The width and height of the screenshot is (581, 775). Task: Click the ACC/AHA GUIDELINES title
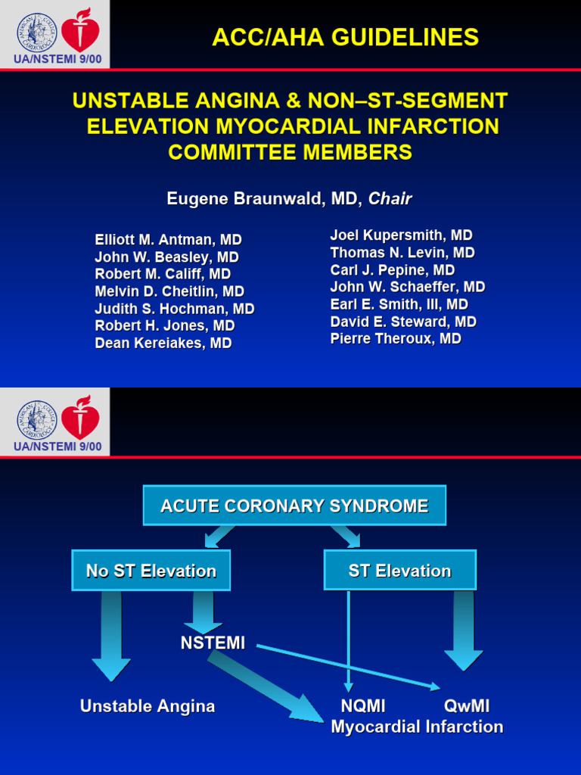tap(345, 37)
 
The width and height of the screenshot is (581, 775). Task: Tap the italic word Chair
tap(390, 199)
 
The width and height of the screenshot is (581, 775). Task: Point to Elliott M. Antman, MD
tap(168, 240)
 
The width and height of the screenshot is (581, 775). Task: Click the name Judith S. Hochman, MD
tap(174, 309)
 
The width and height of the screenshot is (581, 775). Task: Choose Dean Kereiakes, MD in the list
tap(163, 343)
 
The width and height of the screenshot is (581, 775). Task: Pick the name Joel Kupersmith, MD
tap(401, 235)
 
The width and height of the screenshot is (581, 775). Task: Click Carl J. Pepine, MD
tap(392, 270)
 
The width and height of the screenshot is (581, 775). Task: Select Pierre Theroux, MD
tap(395, 338)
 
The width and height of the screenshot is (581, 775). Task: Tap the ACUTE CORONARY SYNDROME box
tap(294, 506)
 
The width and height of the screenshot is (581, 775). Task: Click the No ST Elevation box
tap(151, 571)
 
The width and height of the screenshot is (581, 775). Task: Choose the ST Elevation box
tap(399, 571)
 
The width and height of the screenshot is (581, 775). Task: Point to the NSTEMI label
tap(213, 643)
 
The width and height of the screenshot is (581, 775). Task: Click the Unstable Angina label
tap(148, 706)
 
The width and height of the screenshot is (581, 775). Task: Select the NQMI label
tap(363, 706)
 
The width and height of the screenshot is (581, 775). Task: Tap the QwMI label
tap(467, 706)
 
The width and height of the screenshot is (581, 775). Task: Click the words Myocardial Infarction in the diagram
tap(417, 727)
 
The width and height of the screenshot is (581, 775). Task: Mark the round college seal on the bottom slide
tap(37, 420)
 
